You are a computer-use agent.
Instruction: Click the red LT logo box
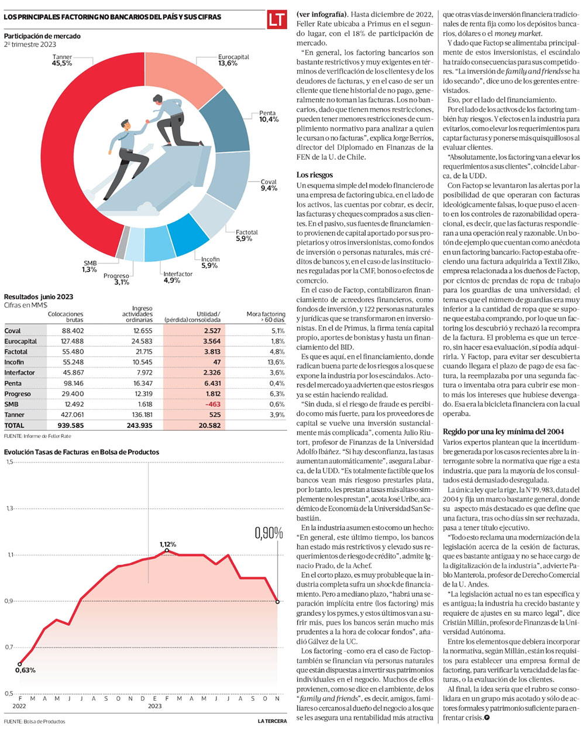277,19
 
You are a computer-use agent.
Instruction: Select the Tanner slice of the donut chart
65,154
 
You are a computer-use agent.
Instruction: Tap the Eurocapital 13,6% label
233,60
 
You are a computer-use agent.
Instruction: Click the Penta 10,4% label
269,116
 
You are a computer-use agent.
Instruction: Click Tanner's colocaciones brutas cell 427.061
73,414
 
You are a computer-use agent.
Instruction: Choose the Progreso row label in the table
18,394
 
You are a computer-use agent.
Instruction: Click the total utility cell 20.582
209,426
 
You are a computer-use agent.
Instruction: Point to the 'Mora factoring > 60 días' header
266,317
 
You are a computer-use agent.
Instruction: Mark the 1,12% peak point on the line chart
167,550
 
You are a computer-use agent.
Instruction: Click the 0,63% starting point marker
20,664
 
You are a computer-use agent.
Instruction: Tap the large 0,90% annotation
269,533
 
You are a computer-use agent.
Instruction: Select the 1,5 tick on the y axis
9,462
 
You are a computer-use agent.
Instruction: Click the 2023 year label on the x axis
154,706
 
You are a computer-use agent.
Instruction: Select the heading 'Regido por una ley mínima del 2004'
503,431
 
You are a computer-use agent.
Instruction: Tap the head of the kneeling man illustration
157,100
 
